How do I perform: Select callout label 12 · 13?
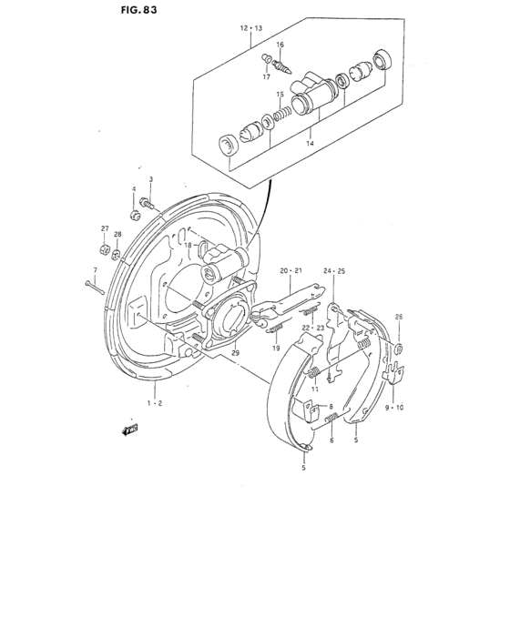(250, 29)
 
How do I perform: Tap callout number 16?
(280, 45)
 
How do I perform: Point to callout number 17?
(268, 76)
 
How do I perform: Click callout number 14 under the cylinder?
(310, 143)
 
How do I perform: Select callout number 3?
(151, 179)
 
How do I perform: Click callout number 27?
(105, 228)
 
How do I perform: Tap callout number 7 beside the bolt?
(95, 269)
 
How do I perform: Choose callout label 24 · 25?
(334, 270)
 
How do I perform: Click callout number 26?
(398, 317)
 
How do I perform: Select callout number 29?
(235, 353)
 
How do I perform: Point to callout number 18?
(187, 246)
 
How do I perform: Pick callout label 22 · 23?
(313, 327)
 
